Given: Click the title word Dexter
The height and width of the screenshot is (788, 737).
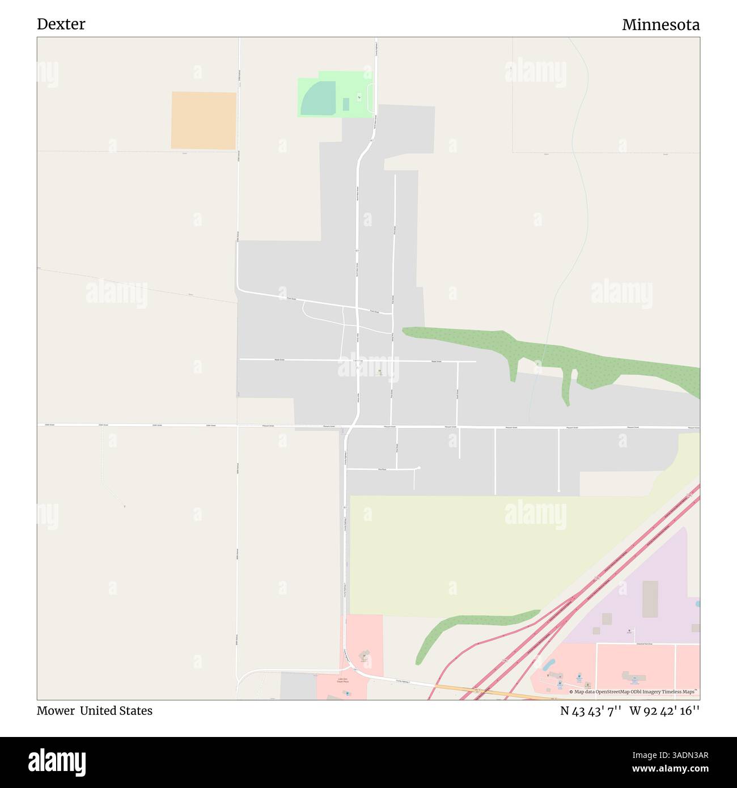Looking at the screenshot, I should click(x=61, y=24).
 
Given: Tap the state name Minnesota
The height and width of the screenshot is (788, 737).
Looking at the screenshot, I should click(x=660, y=25).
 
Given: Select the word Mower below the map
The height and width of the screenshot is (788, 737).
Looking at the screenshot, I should click(x=56, y=711).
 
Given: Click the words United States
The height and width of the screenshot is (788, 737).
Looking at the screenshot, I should click(x=116, y=711).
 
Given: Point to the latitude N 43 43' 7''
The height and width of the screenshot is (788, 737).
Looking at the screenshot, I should click(x=591, y=711).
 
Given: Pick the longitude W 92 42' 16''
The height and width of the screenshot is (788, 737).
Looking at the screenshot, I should click(x=664, y=711).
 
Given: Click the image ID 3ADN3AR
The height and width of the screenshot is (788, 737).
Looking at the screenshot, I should click(x=680, y=755).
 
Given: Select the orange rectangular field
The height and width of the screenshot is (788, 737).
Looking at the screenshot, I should click(x=204, y=120).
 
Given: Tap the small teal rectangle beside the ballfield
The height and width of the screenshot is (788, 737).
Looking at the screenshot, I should click(x=346, y=104).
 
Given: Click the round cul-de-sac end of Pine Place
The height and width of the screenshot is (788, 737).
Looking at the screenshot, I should click(x=418, y=468).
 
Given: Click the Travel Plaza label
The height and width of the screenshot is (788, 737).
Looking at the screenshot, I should click(x=342, y=680).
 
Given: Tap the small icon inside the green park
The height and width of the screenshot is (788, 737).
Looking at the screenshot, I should click(x=358, y=97).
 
